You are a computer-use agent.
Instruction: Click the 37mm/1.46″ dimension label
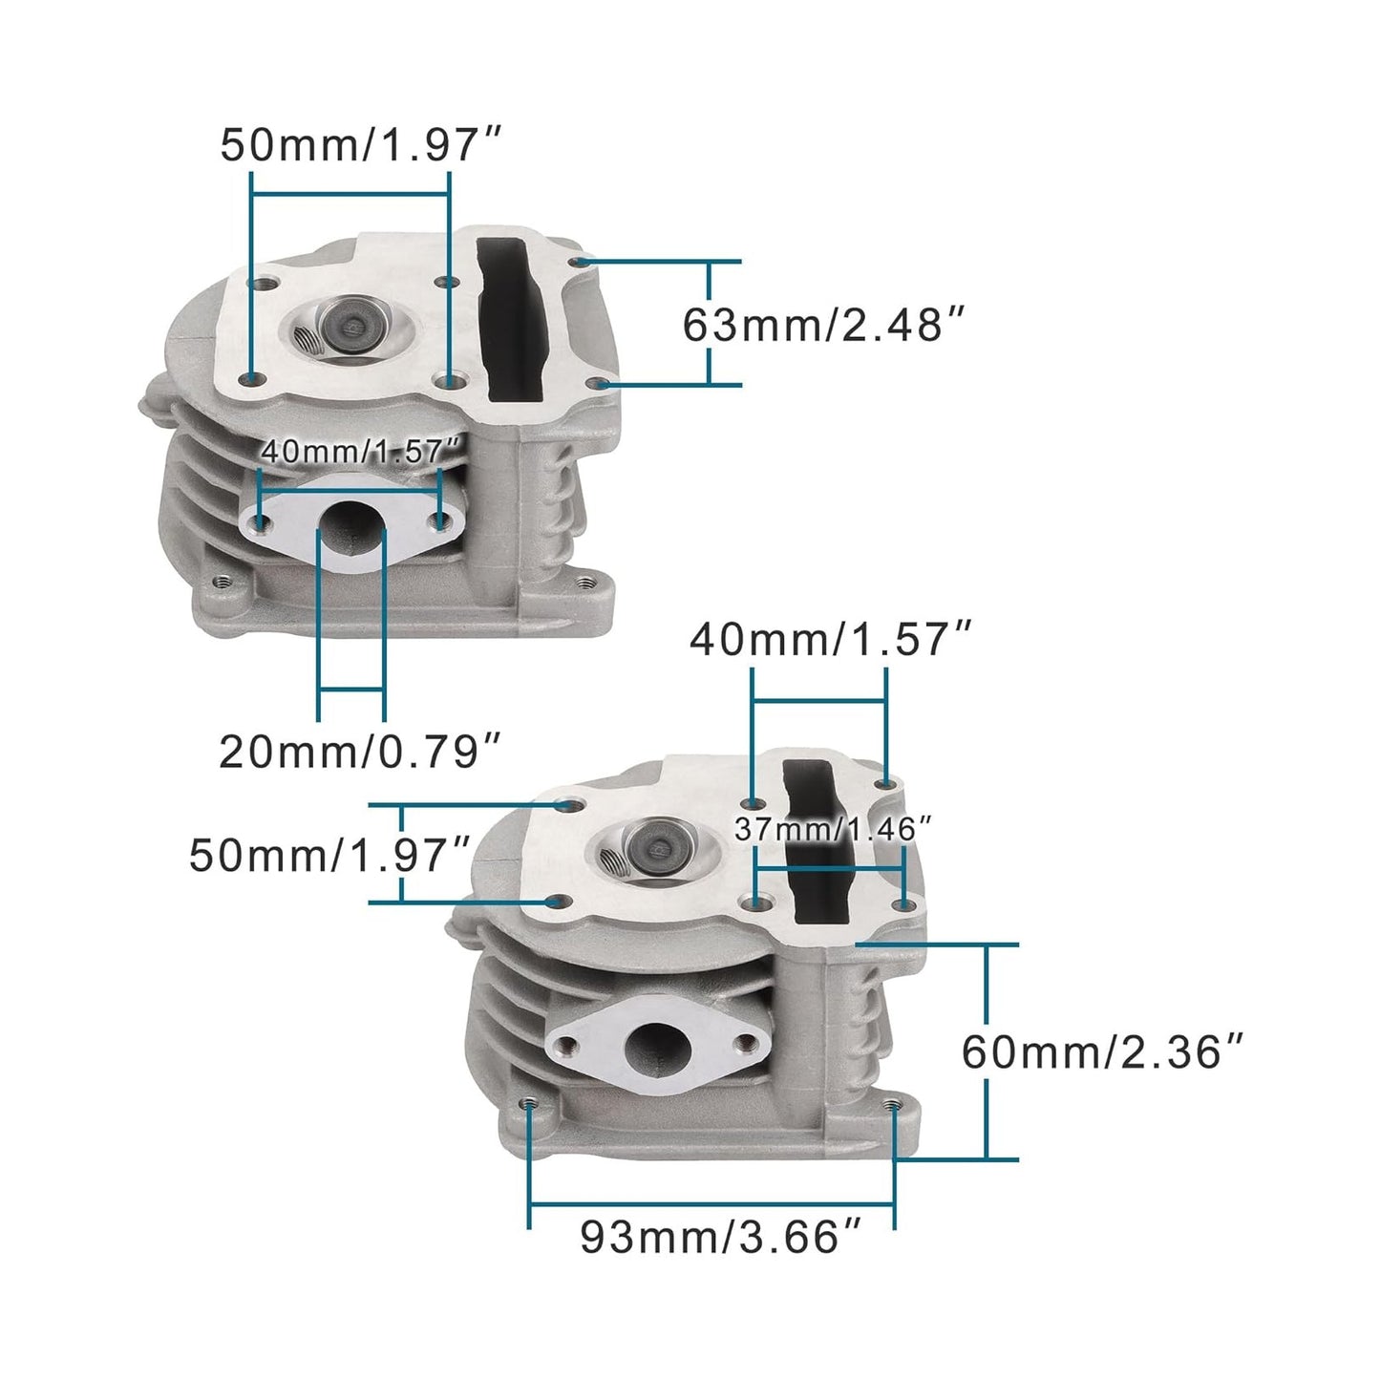coord(833,829)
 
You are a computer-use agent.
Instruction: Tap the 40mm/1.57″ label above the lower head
coord(830,639)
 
